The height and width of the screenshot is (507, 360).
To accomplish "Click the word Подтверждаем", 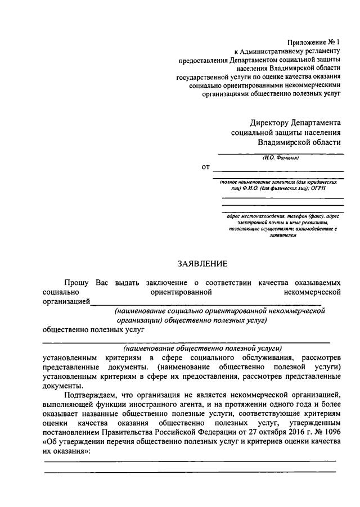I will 91,395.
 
